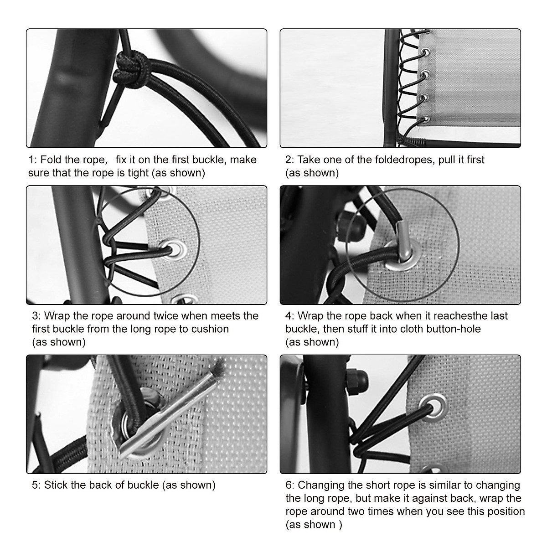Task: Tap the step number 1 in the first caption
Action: [31, 160]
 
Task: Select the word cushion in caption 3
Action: [210, 329]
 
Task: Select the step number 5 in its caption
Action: [35, 485]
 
